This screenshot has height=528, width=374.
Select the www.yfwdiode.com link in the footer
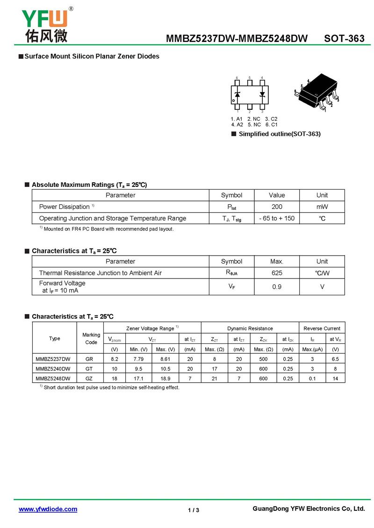[x=48, y=509]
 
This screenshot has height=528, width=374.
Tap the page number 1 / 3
[x=194, y=510]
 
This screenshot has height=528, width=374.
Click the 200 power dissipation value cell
[x=277, y=207]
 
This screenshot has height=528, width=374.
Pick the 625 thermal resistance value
[x=277, y=273]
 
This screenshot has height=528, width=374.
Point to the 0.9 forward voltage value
[x=277, y=287]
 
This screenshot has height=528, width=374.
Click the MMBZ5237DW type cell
[x=53, y=359]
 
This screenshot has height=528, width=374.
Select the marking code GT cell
[x=91, y=369]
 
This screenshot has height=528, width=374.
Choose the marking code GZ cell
[x=91, y=378]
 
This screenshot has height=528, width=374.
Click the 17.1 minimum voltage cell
[x=138, y=378]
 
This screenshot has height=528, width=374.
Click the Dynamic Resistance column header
[x=250, y=328]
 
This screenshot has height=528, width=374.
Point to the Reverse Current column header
[x=322, y=328]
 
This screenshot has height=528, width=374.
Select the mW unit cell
[x=322, y=207]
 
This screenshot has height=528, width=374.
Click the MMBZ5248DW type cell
[x=53, y=378]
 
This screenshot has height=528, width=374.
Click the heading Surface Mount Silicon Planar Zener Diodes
[x=92, y=57]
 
